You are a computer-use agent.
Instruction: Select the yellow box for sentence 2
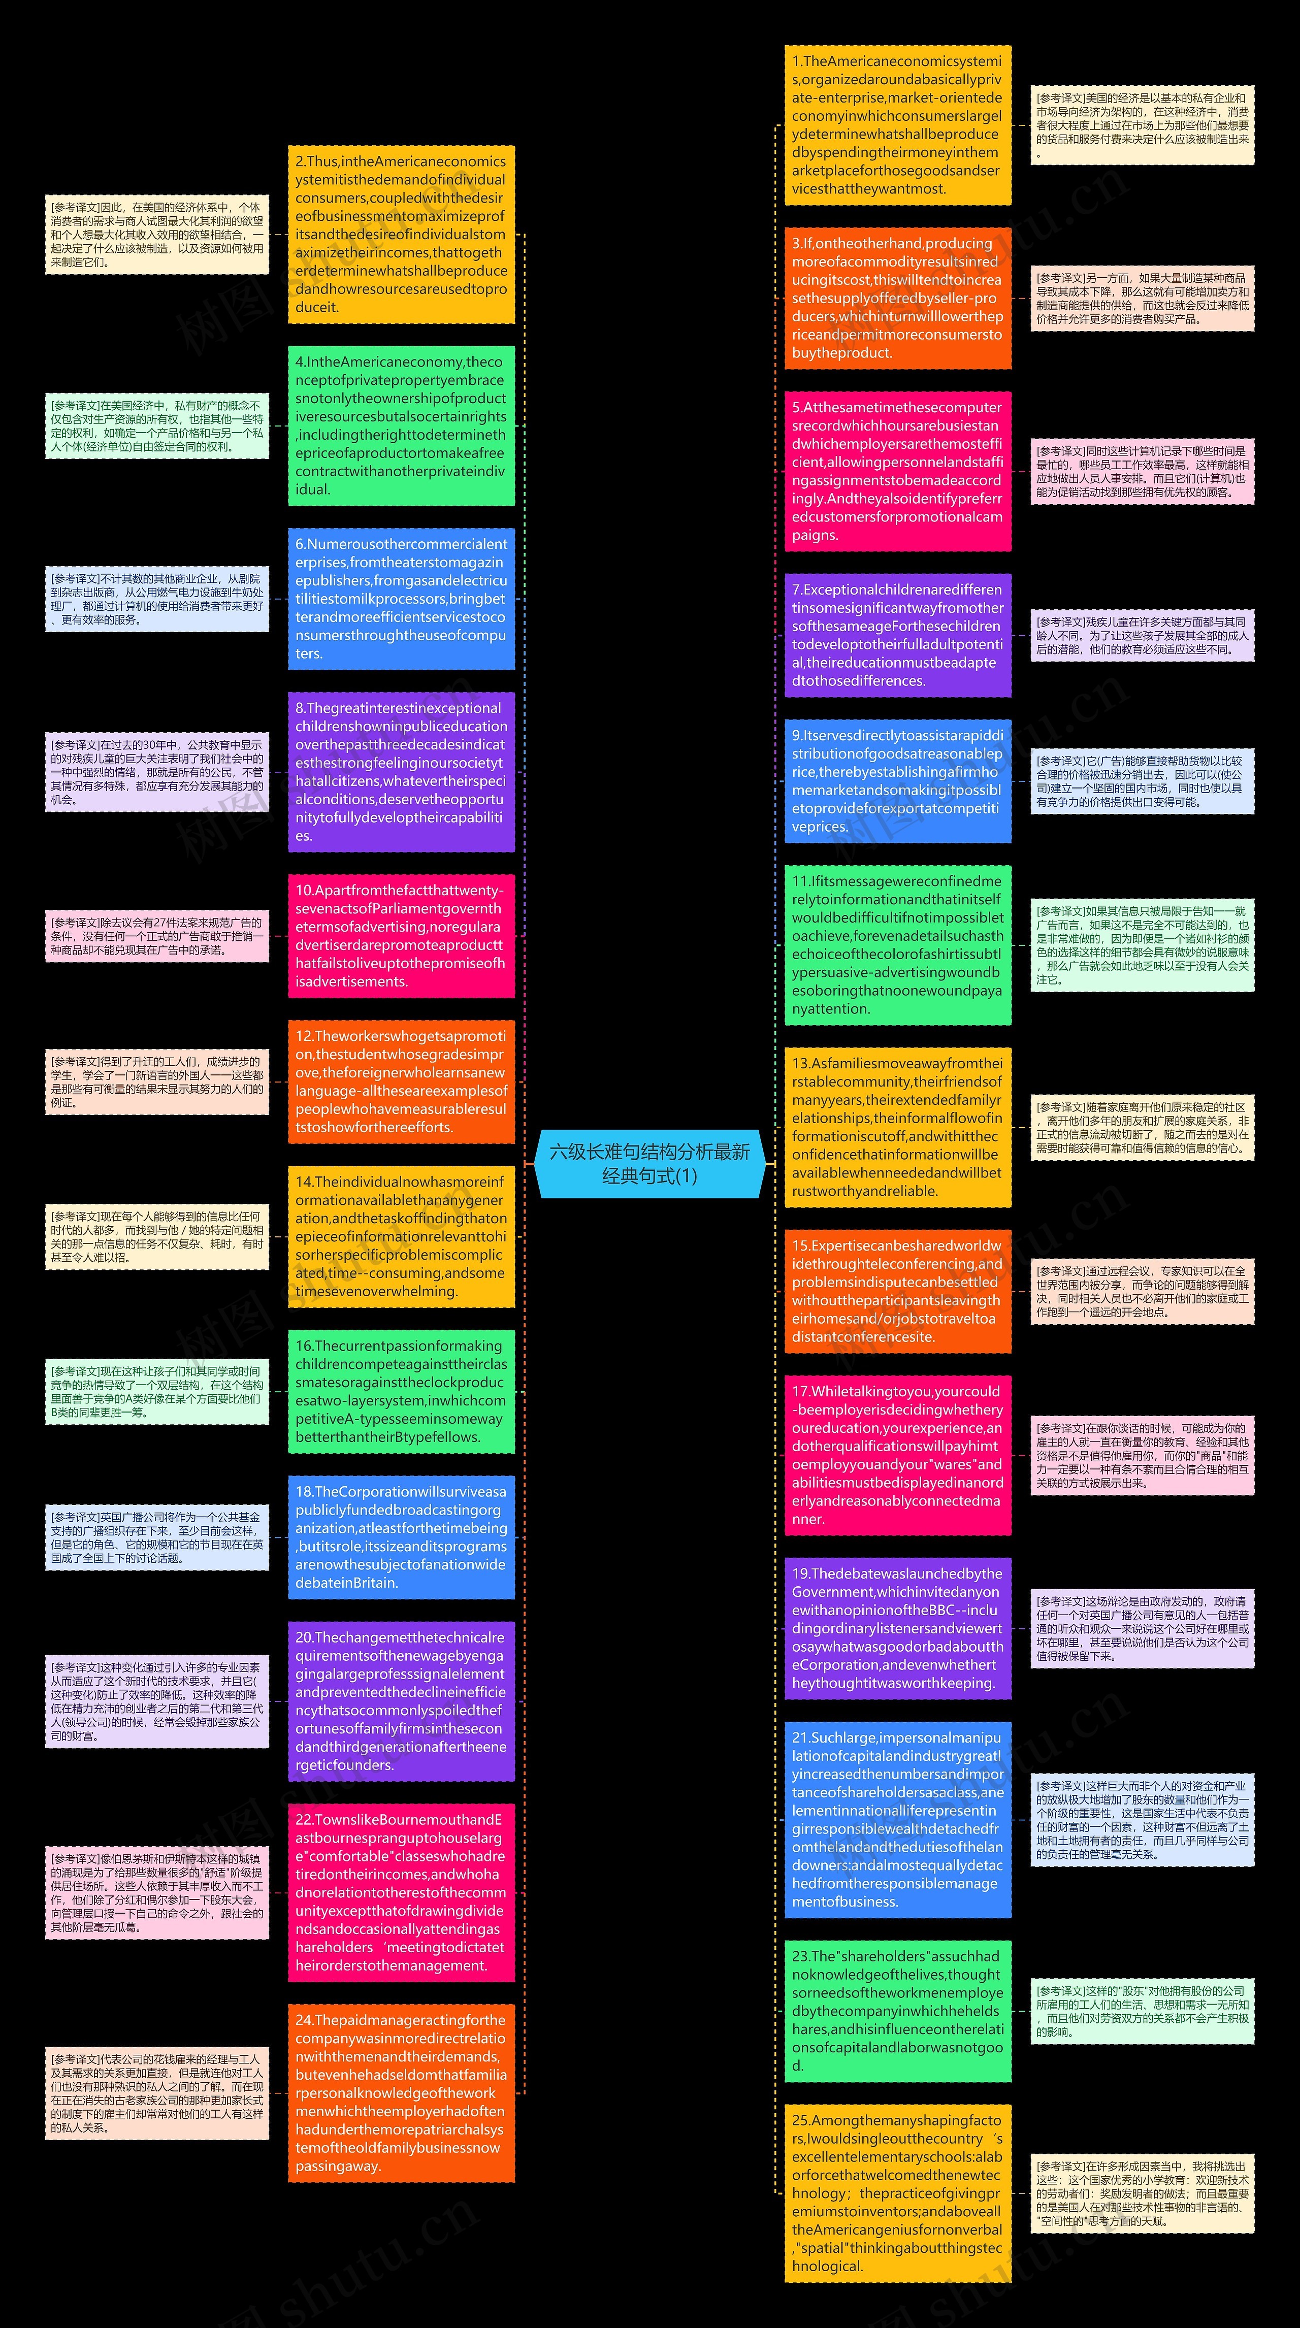tap(401, 234)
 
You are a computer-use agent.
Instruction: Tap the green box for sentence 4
tap(401, 425)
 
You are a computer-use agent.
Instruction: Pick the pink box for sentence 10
tap(401, 935)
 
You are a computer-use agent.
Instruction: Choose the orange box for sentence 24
tap(401, 2092)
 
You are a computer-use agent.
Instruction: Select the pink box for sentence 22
tap(401, 1892)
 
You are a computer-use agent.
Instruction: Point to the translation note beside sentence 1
tap(1142, 125)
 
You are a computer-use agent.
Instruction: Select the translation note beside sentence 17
tap(1142, 1456)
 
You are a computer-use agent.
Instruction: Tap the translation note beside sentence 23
tap(1142, 2011)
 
